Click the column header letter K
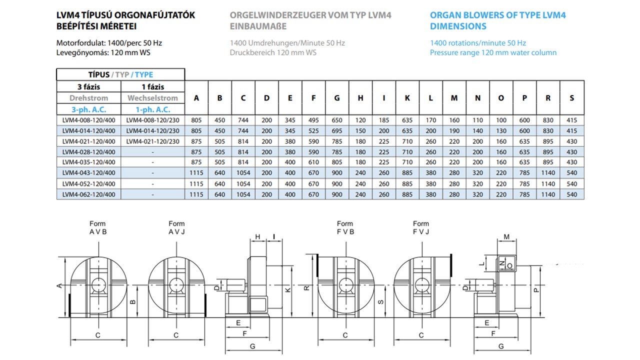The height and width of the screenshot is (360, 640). [x=407, y=98]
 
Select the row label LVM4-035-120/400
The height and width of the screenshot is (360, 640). [x=88, y=162]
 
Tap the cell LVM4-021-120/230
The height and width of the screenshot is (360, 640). [x=152, y=141]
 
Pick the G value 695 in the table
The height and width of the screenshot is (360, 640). [x=337, y=131]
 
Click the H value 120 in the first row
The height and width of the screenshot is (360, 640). [x=360, y=120]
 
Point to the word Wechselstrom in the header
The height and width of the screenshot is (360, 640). [x=152, y=98]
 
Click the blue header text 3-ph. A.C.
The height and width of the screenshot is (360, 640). [x=88, y=109]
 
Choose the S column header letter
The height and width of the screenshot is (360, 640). [x=571, y=98]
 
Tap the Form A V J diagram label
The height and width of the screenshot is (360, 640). [x=176, y=227]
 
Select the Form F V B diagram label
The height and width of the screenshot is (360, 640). [x=345, y=227]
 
